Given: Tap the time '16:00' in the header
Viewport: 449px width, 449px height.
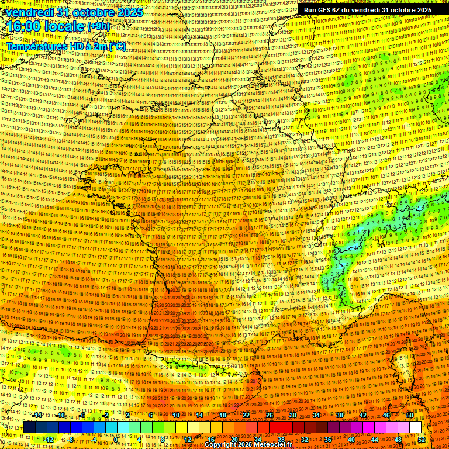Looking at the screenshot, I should point(25,26).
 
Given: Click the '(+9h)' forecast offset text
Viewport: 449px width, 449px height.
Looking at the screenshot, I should point(98,26).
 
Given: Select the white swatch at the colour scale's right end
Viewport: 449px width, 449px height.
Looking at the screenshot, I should point(415,427).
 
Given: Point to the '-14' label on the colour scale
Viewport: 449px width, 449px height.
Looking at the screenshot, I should point(37,415).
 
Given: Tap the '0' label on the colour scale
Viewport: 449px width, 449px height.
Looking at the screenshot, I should point(116,439).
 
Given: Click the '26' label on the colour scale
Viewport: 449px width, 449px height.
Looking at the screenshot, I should point(269,415).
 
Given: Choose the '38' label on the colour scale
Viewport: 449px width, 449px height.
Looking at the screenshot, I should point(339,415).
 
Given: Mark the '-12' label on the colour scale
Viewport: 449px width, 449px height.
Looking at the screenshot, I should point(49,439).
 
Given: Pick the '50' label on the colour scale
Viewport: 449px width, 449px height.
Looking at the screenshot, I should point(410,415).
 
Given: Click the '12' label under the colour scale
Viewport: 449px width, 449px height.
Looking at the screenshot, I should point(188,439).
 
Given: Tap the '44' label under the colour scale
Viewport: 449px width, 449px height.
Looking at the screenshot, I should point(375,439).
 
